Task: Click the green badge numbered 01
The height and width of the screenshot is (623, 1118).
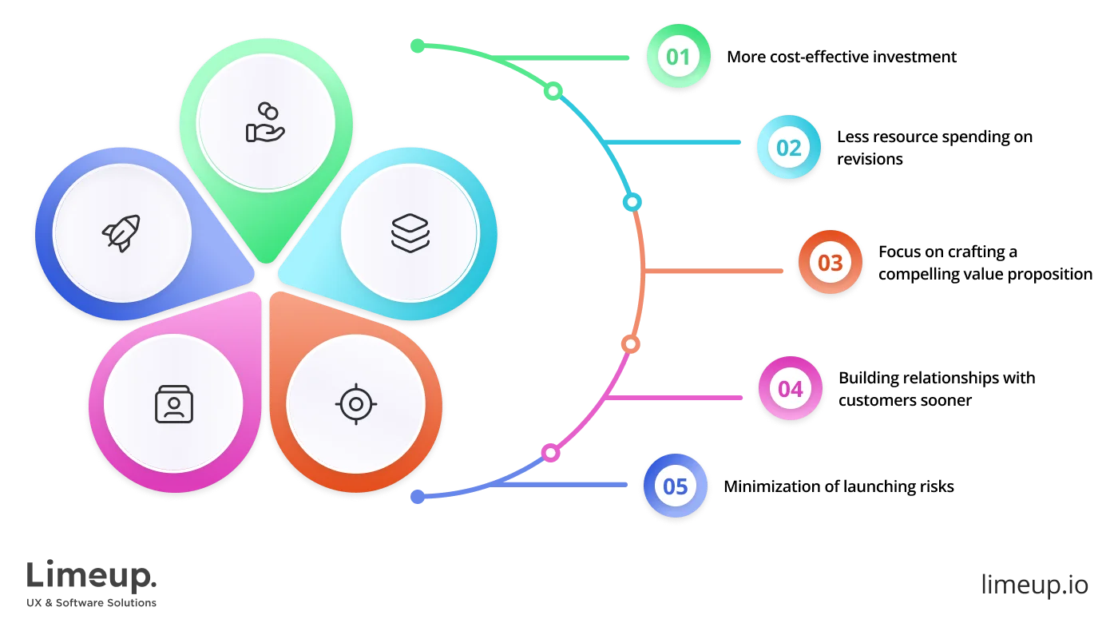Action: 678,57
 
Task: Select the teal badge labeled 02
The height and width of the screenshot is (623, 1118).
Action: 788,148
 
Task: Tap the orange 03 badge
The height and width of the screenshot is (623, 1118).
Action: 830,263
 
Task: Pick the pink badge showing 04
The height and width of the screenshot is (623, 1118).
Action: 790,389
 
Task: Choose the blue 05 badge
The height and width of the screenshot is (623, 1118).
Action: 675,486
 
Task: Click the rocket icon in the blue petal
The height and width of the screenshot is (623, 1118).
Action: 121,232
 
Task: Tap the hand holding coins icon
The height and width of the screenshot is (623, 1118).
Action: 265,123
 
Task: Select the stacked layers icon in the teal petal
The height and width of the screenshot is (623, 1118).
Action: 410,232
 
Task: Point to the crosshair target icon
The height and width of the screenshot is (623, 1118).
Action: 355,403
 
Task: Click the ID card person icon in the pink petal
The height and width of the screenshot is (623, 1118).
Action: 173,404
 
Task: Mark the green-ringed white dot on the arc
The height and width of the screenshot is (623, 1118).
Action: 553,92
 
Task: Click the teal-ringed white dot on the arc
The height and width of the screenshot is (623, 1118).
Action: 632,202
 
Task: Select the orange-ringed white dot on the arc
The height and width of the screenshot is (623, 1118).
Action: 630,344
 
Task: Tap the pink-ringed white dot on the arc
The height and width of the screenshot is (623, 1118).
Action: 550,453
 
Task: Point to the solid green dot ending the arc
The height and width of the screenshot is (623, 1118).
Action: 417,46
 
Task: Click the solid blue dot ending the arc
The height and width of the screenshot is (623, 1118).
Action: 417,497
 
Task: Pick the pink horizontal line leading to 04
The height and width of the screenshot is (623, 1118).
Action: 679,396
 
